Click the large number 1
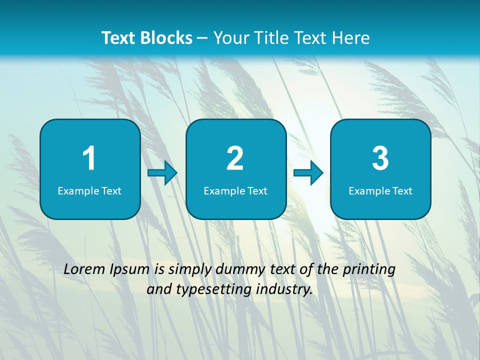pyautogui.click(x=89, y=159)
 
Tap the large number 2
pyautogui.click(x=235, y=159)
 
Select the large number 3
pyautogui.click(x=380, y=159)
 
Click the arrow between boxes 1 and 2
pyautogui.click(x=162, y=173)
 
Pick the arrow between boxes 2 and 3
pyautogui.click(x=308, y=173)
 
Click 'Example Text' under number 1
pyautogui.click(x=89, y=190)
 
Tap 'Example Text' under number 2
pyautogui.click(x=235, y=190)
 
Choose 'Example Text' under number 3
pyautogui.click(x=380, y=190)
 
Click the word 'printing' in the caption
pyautogui.click(x=369, y=270)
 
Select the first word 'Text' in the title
pyautogui.click(x=119, y=37)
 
